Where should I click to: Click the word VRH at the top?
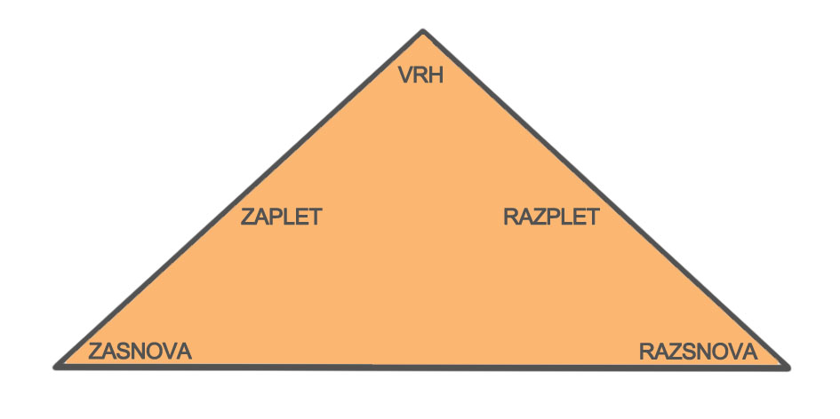[421, 75]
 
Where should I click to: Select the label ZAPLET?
[281, 217]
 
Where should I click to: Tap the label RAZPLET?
[551, 217]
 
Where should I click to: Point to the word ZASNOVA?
[140, 350]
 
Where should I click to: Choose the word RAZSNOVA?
[698, 352]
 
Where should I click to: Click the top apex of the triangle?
[423, 32]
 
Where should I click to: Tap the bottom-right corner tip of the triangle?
[786, 365]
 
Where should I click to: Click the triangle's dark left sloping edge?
[240, 198]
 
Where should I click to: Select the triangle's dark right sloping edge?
[604, 198]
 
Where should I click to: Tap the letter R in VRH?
[420, 75]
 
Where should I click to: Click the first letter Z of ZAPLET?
[248, 217]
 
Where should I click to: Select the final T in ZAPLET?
[314, 217]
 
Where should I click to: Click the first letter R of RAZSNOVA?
[646, 352]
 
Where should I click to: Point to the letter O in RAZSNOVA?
[716, 352]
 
